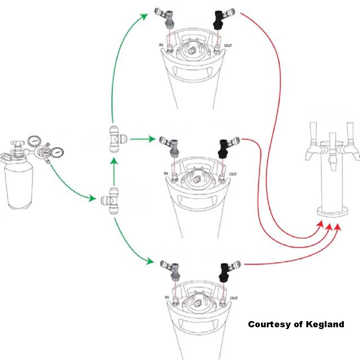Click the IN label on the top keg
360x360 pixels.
point(161,45)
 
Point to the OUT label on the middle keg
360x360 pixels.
point(233,175)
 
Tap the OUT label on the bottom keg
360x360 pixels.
point(234,298)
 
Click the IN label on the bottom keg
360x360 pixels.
point(167,297)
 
